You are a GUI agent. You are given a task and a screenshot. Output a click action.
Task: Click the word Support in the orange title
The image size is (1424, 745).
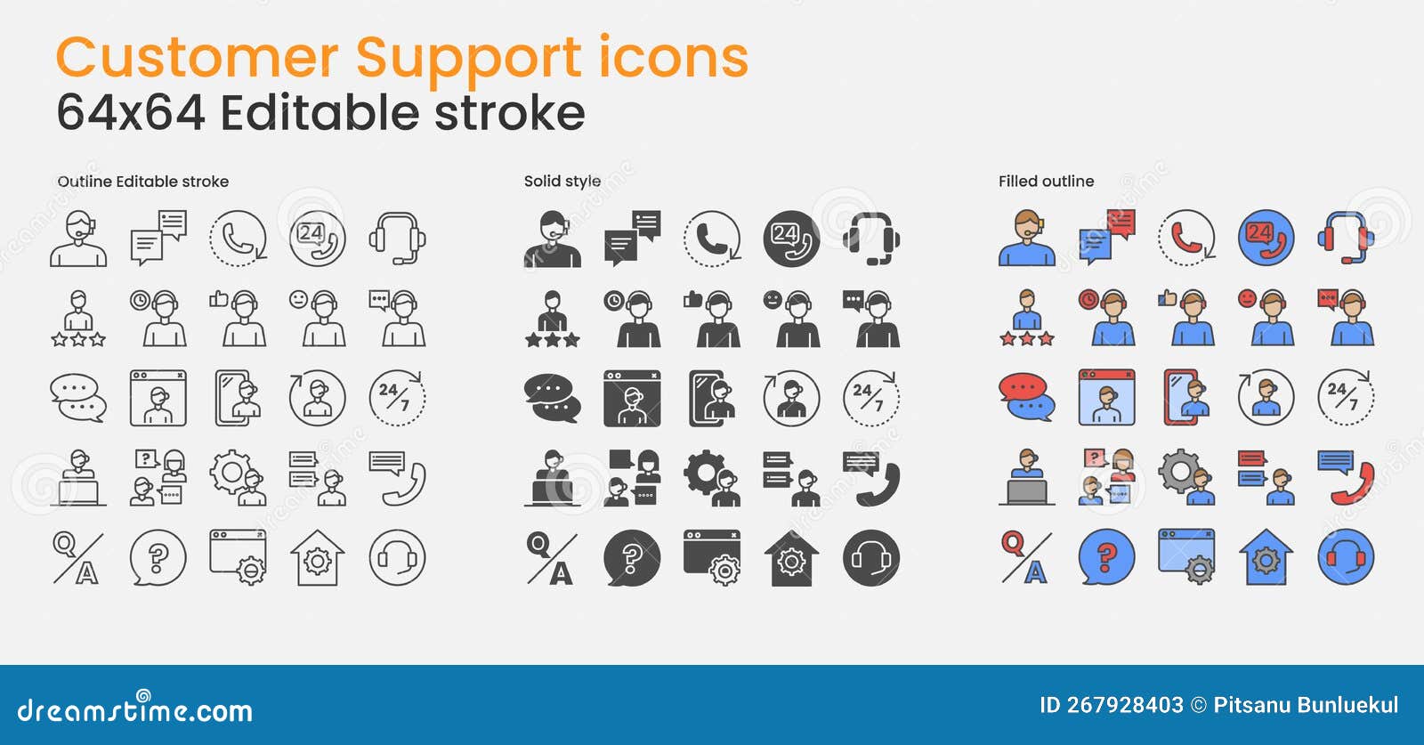coord(468,60)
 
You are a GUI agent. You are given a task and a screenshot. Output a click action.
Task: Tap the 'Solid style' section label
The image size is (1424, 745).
coord(562,181)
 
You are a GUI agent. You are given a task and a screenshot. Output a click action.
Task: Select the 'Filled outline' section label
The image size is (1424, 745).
coord(1046,181)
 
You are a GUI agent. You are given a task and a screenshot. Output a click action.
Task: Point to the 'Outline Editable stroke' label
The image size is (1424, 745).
coord(143,181)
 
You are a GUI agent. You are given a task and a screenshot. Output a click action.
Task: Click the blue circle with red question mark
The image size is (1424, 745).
coord(1106,557)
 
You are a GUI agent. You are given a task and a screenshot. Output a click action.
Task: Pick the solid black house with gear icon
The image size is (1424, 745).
coord(791,558)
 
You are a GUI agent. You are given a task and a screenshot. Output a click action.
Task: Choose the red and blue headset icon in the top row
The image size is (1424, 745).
coord(1346,238)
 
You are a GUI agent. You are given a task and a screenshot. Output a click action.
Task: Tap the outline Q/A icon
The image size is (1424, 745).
coord(78,558)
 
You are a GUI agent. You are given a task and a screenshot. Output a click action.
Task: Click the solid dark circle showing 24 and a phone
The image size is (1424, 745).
coord(791,238)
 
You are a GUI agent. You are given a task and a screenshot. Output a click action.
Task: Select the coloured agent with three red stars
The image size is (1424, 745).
coord(1026,318)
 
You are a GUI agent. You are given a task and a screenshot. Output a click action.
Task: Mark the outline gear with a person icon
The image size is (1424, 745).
coord(238,478)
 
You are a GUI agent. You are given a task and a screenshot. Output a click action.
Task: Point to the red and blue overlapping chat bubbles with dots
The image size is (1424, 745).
coord(1026,398)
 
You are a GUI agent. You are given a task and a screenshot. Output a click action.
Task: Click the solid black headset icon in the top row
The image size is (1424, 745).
coord(871,238)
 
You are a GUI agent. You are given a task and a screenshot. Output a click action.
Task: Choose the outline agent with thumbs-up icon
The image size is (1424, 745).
coord(238,318)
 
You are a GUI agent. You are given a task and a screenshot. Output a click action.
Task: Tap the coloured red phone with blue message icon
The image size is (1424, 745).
coord(1346,478)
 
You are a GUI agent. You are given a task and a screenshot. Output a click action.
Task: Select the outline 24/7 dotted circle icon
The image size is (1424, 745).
coord(397,398)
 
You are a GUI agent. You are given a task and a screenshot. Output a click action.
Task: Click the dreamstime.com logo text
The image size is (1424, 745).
coord(135,709)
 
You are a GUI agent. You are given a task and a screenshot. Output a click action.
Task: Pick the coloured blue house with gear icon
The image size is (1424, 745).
coord(1266,558)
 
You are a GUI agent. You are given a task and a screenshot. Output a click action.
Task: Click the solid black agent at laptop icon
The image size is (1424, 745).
coord(553,478)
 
